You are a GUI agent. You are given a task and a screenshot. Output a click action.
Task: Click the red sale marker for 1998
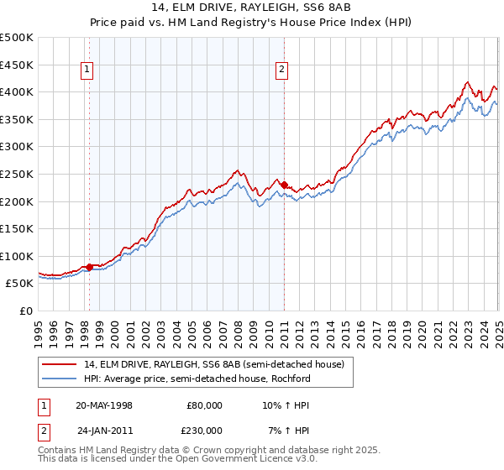[x=90, y=268]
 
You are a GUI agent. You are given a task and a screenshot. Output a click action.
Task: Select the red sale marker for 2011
[x=284, y=185]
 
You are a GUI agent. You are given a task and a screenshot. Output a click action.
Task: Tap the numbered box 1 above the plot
[x=89, y=70]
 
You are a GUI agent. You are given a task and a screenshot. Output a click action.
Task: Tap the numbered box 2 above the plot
[x=282, y=70]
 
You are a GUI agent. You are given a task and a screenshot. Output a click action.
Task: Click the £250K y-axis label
[x=17, y=174]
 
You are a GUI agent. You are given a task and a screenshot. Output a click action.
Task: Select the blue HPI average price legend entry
[x=197, y=379]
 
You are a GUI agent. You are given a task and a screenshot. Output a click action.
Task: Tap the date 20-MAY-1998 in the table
[x=104, y=405]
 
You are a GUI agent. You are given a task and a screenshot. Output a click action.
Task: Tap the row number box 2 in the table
[x=45, y=431]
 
